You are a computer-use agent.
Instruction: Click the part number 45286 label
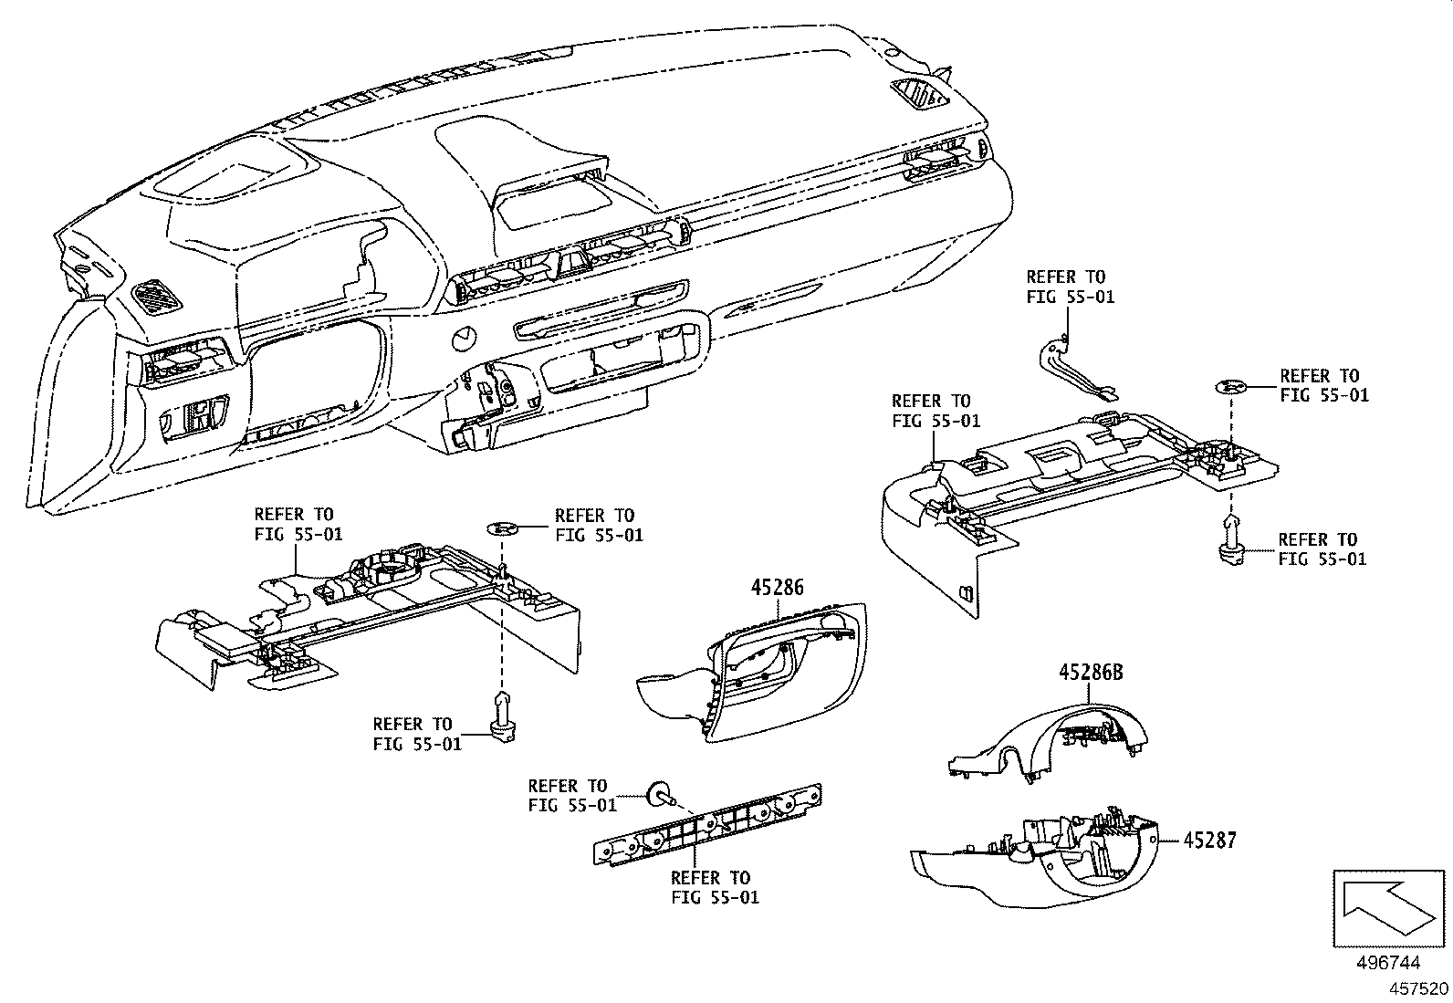778,588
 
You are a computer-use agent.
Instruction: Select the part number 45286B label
1091,674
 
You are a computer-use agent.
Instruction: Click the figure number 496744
1389,963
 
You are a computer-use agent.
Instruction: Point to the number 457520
1418,988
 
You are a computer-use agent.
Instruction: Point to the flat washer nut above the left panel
503,528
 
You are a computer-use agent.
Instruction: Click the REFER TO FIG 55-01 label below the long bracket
715,887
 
